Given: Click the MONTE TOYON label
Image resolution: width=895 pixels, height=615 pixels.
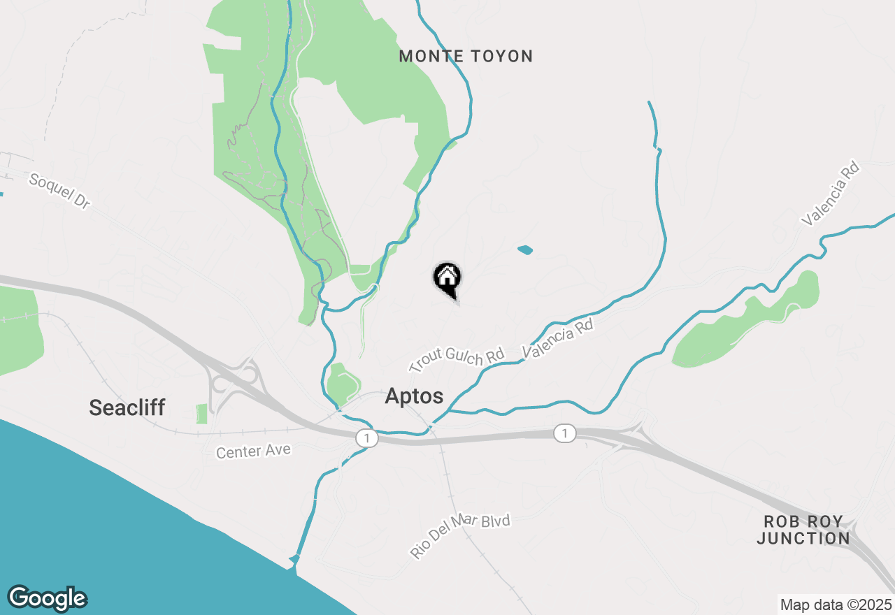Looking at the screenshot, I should (466, 57).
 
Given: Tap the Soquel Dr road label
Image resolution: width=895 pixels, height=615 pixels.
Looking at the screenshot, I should (60, 191).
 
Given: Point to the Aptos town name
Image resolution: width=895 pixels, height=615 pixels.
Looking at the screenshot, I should (414, 396).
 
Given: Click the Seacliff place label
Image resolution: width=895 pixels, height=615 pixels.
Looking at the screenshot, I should (127, 407).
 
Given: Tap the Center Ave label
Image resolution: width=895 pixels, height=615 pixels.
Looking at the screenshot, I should (253, 451).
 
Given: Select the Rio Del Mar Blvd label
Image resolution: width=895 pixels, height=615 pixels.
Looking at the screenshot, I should (460, 536).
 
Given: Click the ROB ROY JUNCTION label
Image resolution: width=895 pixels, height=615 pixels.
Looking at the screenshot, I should (803, 530).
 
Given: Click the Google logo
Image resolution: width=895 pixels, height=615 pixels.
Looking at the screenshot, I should (48, 598).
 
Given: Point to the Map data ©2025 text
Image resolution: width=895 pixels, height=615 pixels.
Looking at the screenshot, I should (836, 605).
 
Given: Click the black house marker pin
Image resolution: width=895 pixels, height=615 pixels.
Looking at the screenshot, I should (447, 280).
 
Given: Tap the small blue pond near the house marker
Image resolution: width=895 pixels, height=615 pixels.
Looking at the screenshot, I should (524, 249).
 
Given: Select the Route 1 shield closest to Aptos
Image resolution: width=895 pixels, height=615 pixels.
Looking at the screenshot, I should (366, 438).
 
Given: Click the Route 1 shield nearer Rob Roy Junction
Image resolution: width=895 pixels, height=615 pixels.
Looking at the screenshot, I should (564, 434).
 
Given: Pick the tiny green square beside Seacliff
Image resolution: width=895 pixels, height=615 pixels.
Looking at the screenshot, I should (202, 414).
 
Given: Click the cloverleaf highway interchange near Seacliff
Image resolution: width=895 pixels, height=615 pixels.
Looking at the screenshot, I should (231, 384).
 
